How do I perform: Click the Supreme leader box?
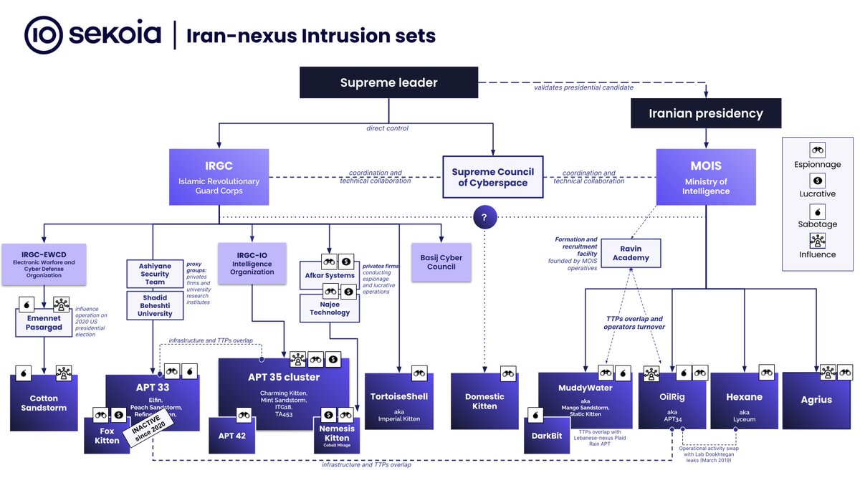coord(388,82)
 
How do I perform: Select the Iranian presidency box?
coord(705,113)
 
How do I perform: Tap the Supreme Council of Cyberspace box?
coord(492,177)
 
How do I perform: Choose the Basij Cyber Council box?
coord(441,262)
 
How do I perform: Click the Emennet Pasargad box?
coord(45,322)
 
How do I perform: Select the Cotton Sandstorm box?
coord(44,403)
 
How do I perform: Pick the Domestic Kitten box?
coord(484,401)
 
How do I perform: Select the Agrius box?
coord(817,400)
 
